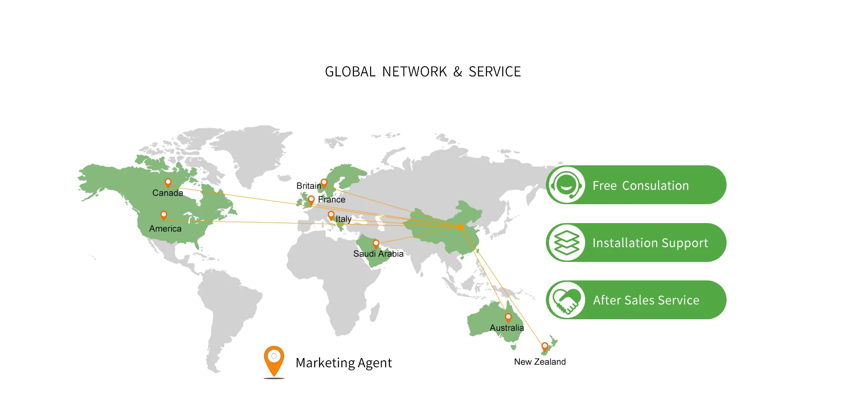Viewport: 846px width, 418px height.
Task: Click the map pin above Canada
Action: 168,183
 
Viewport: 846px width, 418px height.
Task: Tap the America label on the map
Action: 165,228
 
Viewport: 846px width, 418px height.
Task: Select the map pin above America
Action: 163,215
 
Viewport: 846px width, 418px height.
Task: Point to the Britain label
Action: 308,186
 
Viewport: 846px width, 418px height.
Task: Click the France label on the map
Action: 332,199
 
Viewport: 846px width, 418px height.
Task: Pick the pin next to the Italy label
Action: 331,215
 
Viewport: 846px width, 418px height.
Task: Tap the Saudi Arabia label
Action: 378,254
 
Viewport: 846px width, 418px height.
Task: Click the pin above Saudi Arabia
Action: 376,243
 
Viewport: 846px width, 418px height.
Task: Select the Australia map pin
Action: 508,317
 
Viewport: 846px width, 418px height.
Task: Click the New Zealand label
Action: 540,362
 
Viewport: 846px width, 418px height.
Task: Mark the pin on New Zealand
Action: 545,347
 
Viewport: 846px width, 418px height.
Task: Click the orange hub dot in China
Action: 460,227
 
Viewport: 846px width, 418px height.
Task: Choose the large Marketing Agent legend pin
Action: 274,360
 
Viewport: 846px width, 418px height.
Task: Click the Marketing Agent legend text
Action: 344,362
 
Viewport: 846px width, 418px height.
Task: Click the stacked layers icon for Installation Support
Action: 567,243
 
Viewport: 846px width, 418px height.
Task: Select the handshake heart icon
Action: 567,300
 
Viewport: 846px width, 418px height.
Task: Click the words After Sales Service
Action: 646,300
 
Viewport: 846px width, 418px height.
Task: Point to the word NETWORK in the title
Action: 414,71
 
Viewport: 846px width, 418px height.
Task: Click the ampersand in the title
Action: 458,71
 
